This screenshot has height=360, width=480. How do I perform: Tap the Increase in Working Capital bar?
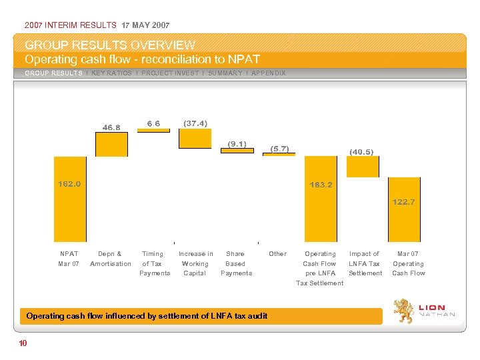[195, 138]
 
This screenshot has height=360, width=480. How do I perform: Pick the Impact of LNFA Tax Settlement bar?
[363, 167]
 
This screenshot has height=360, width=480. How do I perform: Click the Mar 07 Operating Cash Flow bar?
[405, 209]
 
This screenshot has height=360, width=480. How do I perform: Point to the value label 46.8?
[111, 127]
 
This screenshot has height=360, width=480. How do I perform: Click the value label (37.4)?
[195, 123]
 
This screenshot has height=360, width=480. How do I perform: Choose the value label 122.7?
[404, 201]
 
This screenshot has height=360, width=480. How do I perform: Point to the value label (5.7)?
[279, 149]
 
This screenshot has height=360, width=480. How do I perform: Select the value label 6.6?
[153, 123]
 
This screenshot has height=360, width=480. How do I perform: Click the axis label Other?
[277, 253]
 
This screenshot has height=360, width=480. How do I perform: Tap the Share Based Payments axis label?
[236, 263]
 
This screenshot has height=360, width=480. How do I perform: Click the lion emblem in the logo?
[402, 311]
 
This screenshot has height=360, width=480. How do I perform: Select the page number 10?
[23, 343]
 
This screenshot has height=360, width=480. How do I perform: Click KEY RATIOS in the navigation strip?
[111, 73]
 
